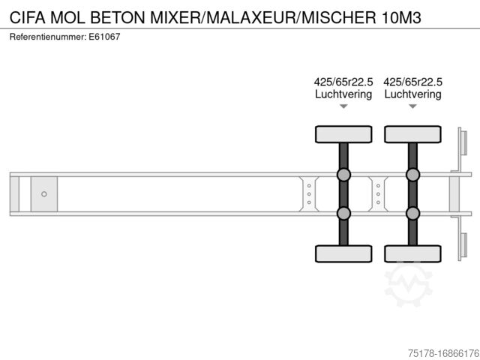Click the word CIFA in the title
coord(28,17)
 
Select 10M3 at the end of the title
coord(401,17)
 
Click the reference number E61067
coord(104,37)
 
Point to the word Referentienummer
coord(47,37)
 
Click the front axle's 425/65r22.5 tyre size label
coord(343,82)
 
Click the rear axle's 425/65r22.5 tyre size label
coord(412,82)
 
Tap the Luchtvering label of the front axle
coord(343,94)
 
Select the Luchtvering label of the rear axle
coord(412,94)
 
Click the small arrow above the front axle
coord(343,106)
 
